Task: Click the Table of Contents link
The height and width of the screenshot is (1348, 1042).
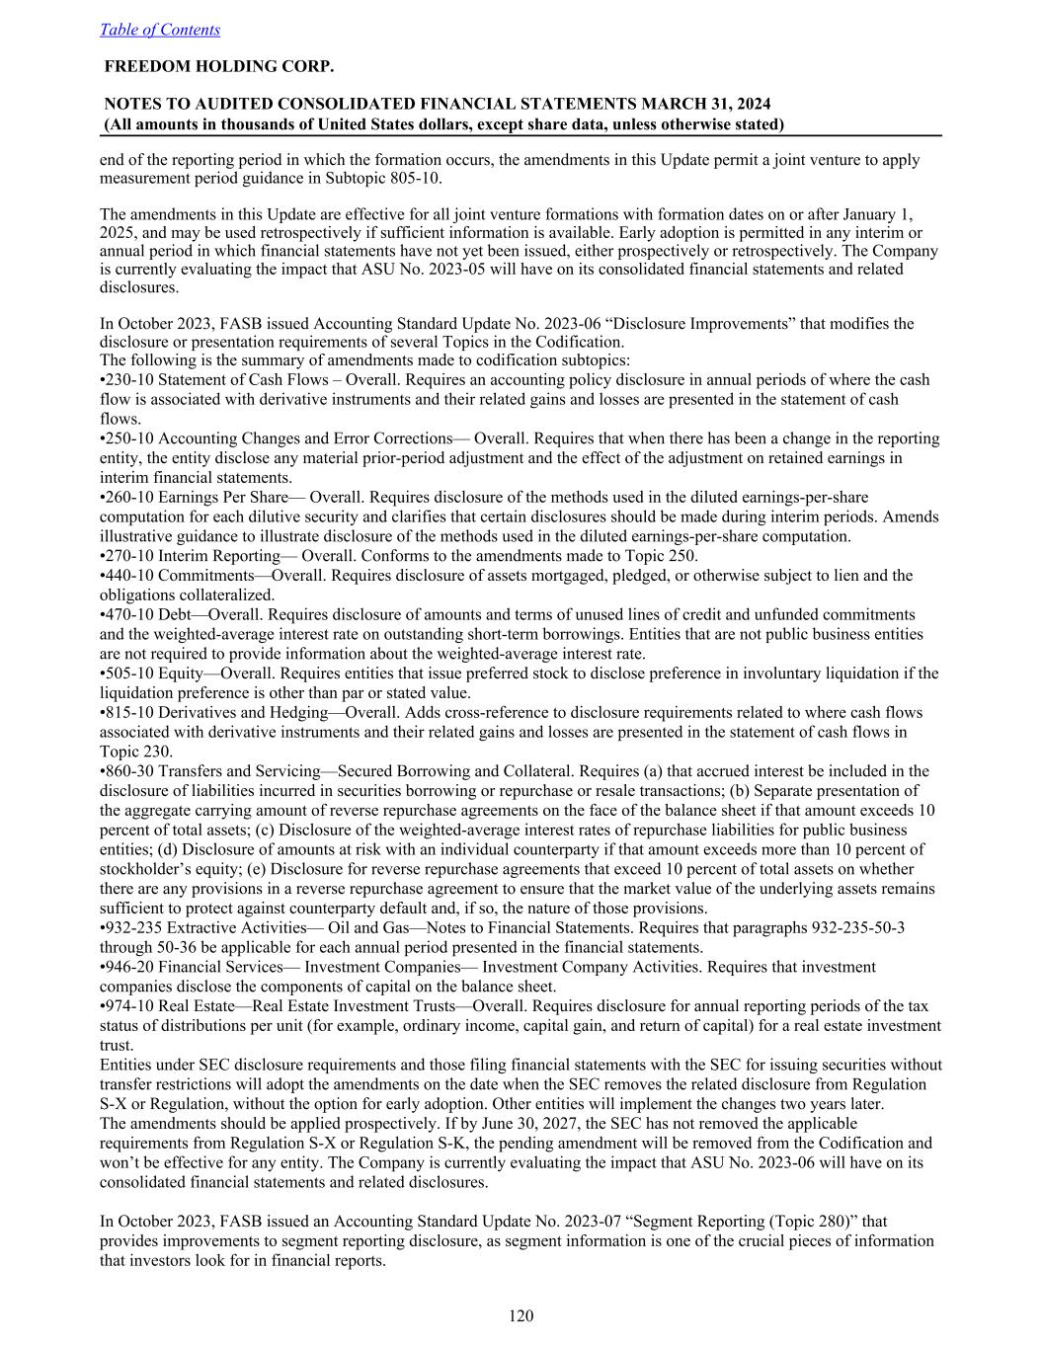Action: [x=160, y=30]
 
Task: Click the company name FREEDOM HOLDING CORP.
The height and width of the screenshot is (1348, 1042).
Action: [x=218, y=66]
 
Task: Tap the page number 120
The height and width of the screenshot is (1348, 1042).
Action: [x=521, y=1315]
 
